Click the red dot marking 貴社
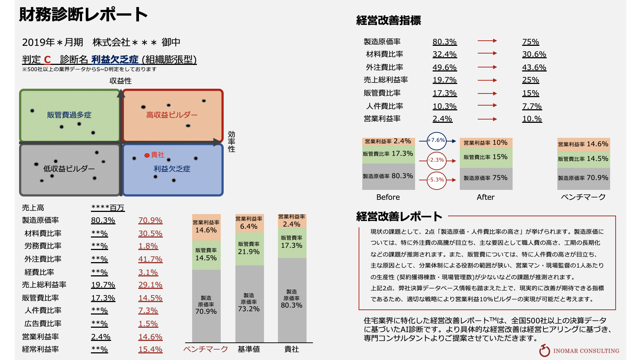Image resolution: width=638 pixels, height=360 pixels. [147, 155]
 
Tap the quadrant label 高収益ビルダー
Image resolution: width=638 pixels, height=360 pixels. [172, 115]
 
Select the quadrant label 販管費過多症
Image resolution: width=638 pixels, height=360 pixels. [69, 115]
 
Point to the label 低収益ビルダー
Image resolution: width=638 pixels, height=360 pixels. [69, 169]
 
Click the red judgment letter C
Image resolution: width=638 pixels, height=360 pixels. [47, 60]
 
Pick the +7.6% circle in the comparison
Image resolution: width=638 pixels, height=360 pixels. [436, 141]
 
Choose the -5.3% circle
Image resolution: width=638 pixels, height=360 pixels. [437, 180]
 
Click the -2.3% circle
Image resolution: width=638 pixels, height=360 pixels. [437, 160]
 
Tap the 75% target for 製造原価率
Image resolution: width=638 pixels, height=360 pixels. [531, 42]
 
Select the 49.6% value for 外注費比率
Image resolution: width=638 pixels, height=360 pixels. [444, 67]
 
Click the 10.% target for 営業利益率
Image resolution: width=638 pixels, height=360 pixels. [532, 119]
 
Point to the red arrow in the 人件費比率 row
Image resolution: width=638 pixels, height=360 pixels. [487, 106]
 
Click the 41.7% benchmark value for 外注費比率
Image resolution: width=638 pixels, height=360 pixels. [150, 259]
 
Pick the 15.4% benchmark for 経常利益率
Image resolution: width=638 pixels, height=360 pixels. [150, 349]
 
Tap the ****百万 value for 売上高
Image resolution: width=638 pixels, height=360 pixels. [108, 208]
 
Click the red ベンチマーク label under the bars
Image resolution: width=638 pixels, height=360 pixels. [206, 349]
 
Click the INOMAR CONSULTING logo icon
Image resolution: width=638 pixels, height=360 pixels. [544, 350]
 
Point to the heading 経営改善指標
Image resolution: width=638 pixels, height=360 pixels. [388, 21]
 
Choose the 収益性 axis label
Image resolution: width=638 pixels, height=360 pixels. [120, 81]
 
